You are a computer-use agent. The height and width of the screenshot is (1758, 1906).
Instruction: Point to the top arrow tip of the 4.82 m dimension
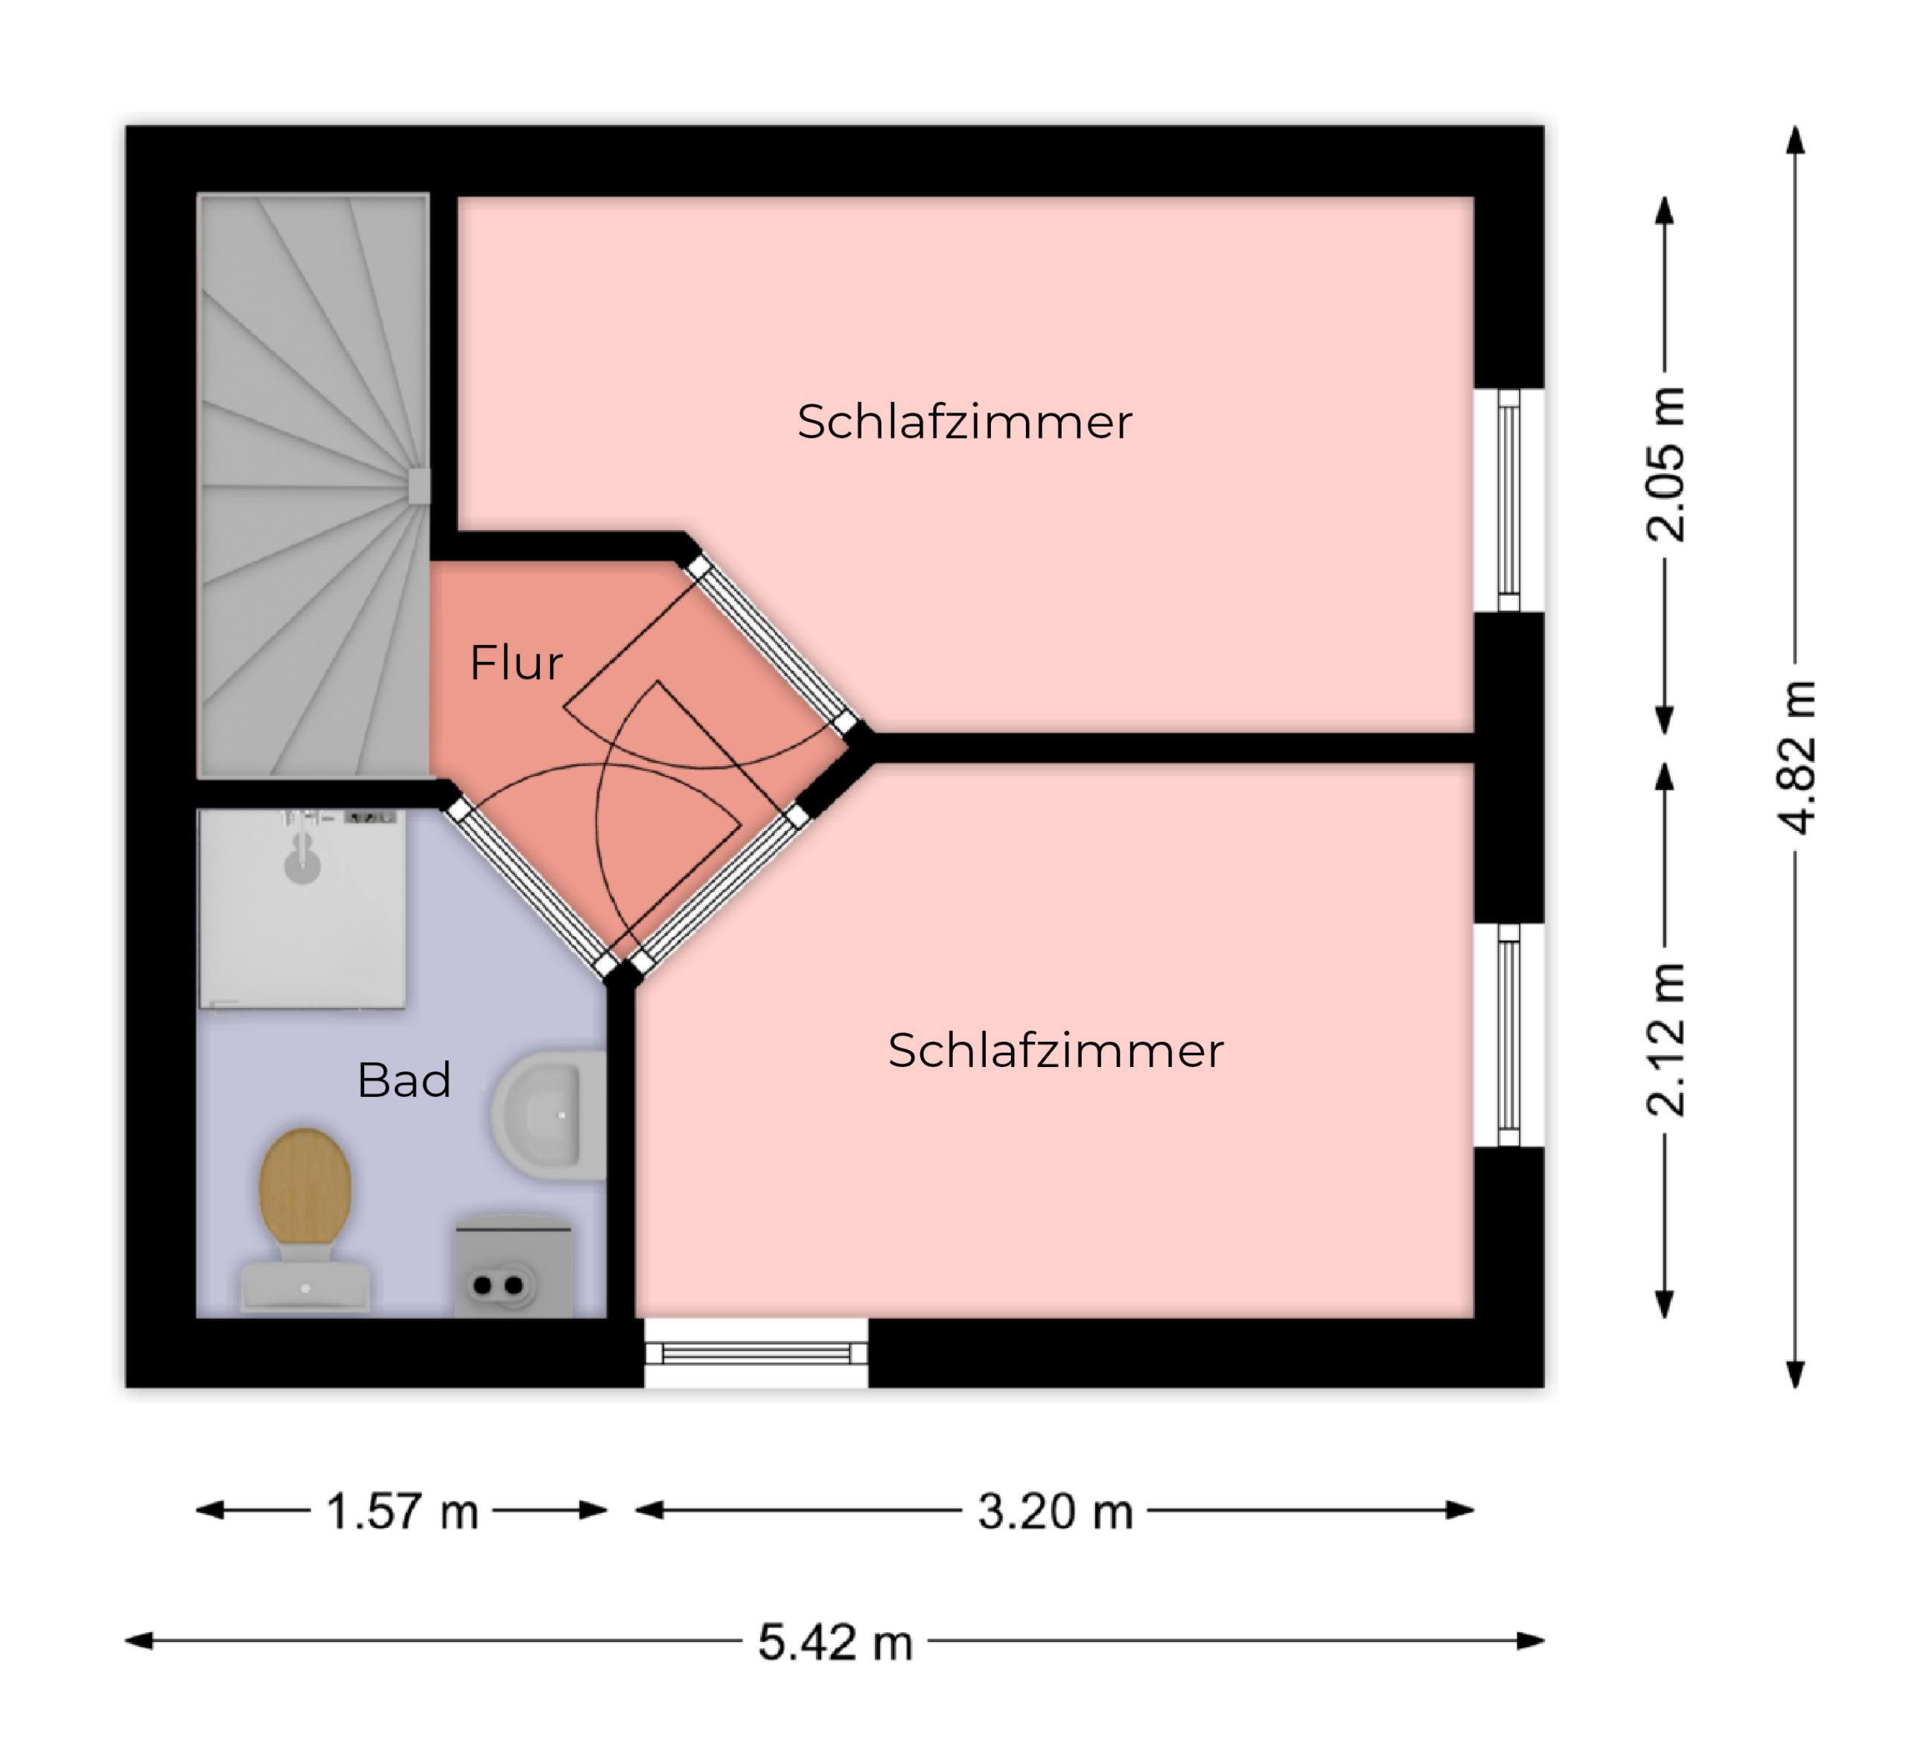1796,127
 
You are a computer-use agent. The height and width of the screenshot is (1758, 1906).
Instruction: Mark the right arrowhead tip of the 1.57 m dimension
607,1510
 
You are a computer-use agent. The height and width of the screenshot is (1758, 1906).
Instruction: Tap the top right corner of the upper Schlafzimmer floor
1473,198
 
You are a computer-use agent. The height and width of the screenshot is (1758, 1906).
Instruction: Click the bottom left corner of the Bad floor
197,1317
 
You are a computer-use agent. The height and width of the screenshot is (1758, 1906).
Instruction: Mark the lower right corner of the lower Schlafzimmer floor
1473,1317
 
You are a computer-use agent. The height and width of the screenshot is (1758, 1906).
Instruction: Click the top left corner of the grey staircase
198,195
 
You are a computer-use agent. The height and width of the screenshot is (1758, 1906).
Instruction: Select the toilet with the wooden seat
305,1220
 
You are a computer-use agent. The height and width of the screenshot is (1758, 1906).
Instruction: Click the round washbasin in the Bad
549,1115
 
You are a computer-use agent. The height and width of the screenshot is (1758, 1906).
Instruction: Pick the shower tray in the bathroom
302,908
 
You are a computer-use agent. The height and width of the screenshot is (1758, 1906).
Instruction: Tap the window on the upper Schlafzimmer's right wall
1508,500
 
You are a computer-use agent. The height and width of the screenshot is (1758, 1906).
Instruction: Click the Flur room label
517,662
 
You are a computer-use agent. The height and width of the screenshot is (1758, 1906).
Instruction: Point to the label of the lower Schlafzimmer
1056,1050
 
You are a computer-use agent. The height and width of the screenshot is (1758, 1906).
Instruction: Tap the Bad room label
404,1080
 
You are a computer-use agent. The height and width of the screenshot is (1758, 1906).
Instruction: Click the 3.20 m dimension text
1056,1512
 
